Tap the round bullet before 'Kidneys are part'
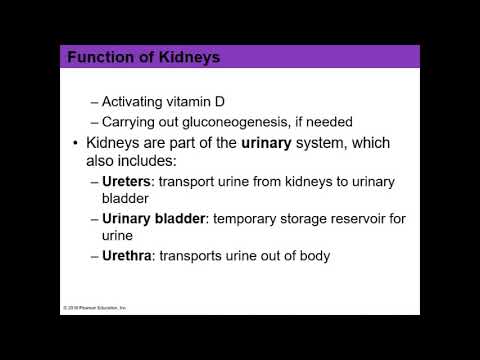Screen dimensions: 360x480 click(x=76, y=144)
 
